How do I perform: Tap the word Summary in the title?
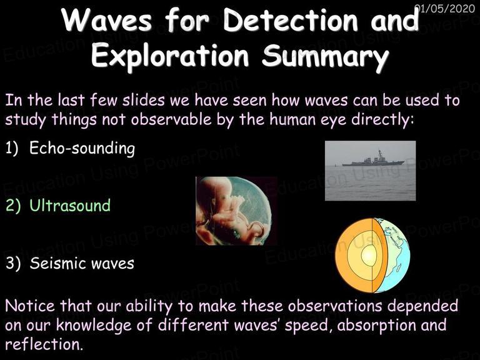[x=326, y=56]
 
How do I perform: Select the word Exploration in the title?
[x=170, y=56]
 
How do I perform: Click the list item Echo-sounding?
[x=82, y=149]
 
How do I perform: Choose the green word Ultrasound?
[x=70, y=205]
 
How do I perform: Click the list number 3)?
[x=14, y=264]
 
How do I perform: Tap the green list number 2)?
[x=14, y=206]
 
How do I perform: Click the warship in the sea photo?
[x=374, y=160]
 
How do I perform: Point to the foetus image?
[x=236, y=211]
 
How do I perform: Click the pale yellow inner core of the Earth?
[x=369, y=255]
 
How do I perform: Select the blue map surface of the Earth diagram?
[x=392, y=255]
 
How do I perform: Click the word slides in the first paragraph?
[x=144, y=100]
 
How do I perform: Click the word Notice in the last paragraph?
[x=30, y=306]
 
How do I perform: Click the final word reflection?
[x=44, y=344]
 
